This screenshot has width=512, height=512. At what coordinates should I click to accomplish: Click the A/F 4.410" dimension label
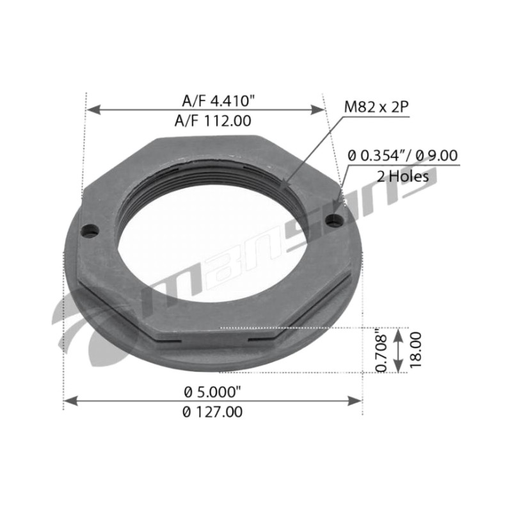tap(218, 100)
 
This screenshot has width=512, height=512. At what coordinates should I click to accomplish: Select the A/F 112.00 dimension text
tap(213, 121)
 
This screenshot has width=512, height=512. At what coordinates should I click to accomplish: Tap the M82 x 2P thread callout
tap(376, 107)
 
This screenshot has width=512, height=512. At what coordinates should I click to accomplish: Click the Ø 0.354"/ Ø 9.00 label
tap(403, 156)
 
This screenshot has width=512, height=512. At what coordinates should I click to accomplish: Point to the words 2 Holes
tap(403, 177)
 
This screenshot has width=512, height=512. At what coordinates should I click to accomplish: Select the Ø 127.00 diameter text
tap(212, 412)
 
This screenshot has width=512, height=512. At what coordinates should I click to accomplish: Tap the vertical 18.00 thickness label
tap(415, 349)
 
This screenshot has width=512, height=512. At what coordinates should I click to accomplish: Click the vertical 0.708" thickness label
tap(381, 351)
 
